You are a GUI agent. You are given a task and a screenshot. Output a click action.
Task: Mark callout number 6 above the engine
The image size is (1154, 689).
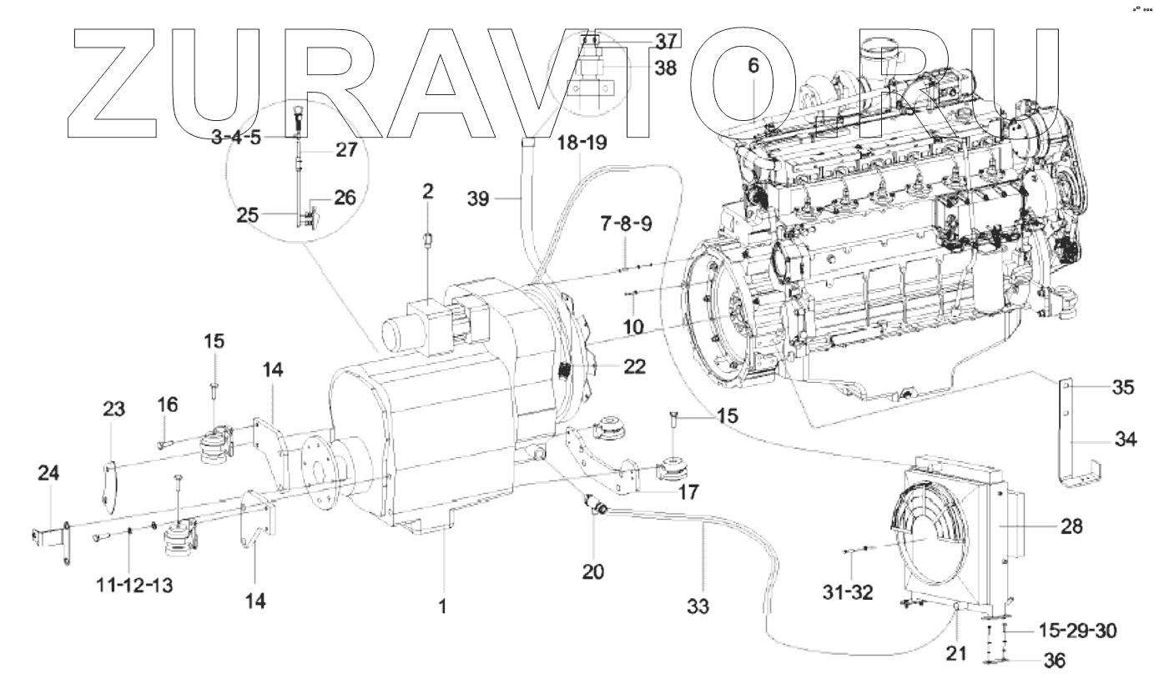[753, 67]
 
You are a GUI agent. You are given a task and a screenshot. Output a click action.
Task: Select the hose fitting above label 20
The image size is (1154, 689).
[596, 504]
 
